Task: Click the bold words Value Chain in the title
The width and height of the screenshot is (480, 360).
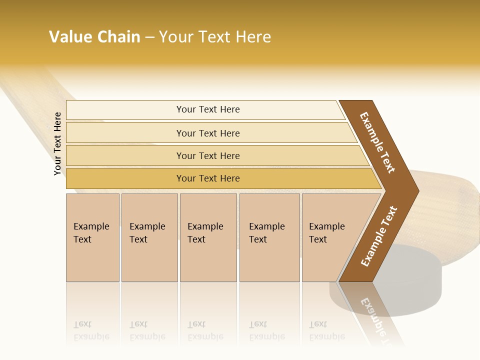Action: tap(94, 37)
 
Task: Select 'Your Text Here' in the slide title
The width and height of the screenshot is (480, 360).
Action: tap(215, 37)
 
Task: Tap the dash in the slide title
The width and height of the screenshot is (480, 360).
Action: tap(149, 37)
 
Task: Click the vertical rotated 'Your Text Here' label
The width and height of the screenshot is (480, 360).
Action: tap(58, 143)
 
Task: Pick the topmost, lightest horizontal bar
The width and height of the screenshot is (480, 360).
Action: tap(207, 109)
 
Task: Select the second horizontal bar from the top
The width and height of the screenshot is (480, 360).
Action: tap(207, 133)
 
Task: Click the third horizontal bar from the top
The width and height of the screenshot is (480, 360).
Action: tap(207, 155)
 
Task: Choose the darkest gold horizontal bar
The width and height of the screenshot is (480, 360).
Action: tap(207, 178)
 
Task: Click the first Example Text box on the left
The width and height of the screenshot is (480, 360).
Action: tap(92, 237)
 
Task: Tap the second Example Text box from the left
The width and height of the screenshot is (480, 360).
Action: tap(149, 237)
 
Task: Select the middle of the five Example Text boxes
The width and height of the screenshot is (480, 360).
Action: tap(208, 237)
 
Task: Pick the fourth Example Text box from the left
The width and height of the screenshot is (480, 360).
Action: tap(269, 237)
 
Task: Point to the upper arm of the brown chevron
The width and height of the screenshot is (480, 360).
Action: tap(378, 142)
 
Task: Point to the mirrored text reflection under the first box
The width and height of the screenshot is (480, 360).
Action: tap(91, 330)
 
